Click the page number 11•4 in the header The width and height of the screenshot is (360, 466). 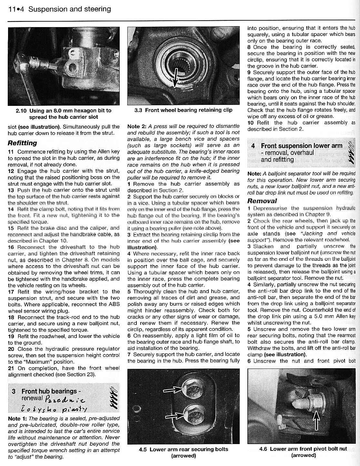coord(16,9)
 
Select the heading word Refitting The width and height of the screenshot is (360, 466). coord(22,143)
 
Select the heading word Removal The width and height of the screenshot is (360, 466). coord(262,201)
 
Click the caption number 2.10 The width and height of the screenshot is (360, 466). coord(21,110)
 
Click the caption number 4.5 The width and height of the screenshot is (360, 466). coord(144,449)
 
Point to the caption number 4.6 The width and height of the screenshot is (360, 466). coord(264,449)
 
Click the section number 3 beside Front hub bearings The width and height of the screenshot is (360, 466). coord(14,391)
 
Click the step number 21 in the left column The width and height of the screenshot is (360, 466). coord(11,368)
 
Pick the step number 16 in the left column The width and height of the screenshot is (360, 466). coord(11,247)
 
